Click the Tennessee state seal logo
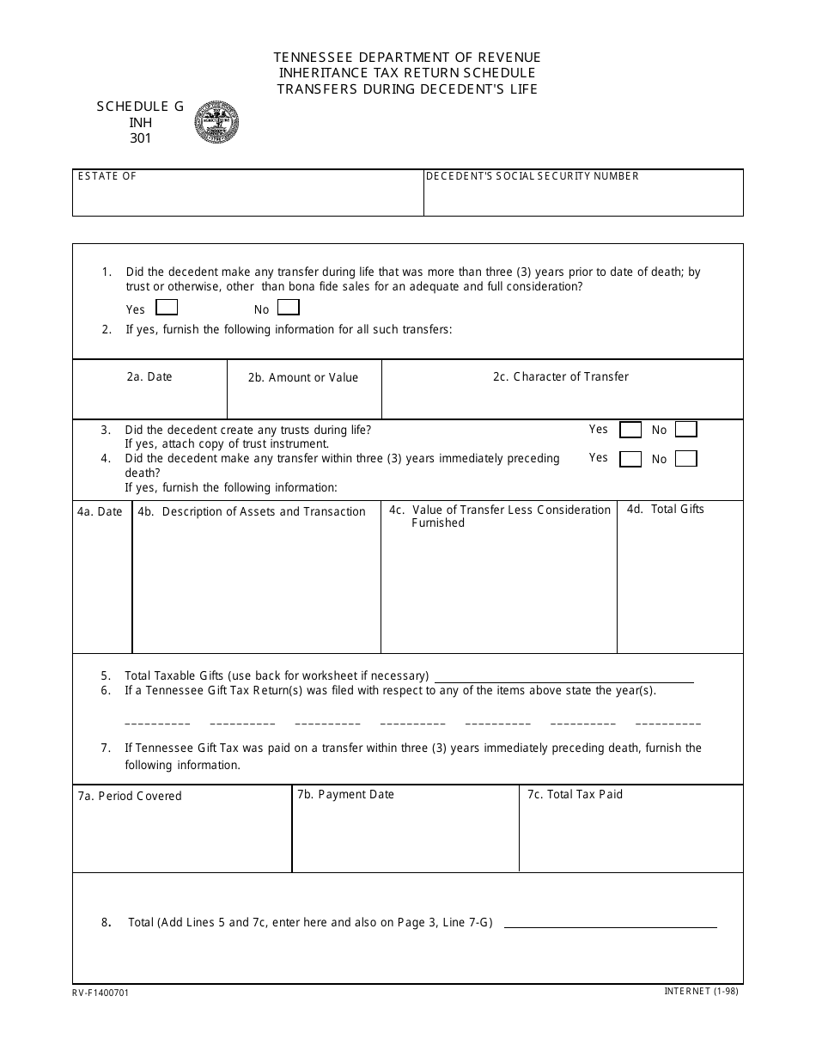216,122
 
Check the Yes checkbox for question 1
167,308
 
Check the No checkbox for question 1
289,308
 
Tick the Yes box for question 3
630,430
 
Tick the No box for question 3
685,430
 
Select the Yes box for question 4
630,459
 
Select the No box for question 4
685,459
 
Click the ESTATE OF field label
107,176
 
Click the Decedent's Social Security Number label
533,176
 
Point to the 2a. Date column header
149,376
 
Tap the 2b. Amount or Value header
303,377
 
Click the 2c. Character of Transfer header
561,376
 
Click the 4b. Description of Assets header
252,511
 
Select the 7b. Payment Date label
345,794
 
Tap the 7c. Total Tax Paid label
575,794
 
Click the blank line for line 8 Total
610,925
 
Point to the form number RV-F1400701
101,992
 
